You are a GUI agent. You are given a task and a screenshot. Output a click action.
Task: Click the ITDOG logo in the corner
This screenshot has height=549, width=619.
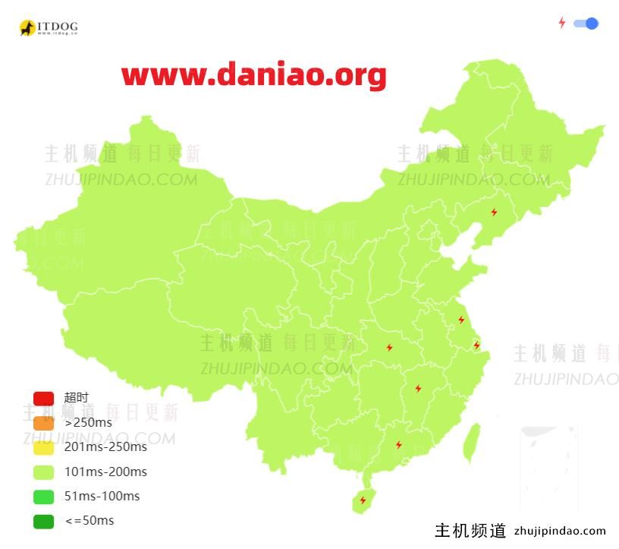coord(48,28)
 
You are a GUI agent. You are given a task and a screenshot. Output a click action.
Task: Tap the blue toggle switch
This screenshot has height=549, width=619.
coord(586,24)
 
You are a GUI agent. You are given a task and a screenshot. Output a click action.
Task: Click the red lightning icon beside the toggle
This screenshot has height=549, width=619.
coord(561,24)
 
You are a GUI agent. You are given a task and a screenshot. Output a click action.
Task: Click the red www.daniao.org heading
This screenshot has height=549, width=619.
coord(254,75)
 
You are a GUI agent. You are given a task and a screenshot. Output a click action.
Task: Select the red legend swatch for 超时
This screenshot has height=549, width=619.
coord(43,398)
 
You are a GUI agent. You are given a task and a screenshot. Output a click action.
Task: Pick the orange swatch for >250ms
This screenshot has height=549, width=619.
coord(43,422)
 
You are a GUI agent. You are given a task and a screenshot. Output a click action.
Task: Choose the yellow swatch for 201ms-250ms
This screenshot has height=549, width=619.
coord(43,447)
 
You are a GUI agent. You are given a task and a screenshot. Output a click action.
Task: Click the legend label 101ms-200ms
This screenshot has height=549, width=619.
coord(105,472)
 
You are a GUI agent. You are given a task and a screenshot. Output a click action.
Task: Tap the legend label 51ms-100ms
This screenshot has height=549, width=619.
coord(102,496)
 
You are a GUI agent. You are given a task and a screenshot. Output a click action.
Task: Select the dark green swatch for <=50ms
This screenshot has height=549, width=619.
coord(43,521)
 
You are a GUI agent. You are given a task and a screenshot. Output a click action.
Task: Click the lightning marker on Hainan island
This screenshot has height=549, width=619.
coord(363,500)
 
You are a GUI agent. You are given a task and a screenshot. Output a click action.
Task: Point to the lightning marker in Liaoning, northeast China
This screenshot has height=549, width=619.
coord(494,213)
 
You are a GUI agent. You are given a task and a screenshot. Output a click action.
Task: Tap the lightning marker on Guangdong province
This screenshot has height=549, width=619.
coord(398,445)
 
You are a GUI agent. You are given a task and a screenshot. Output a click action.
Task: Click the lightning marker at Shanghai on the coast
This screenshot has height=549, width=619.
coord(476,345)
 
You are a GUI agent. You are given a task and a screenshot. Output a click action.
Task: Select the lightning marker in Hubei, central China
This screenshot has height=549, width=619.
coord(389,348)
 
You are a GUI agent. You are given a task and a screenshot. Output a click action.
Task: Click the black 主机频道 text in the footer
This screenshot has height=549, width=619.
coord(470,531)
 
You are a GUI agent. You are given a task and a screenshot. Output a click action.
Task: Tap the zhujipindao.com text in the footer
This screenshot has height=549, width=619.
coord(560,531)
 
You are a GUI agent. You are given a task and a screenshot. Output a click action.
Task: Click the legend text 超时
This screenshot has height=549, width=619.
coord(76,398)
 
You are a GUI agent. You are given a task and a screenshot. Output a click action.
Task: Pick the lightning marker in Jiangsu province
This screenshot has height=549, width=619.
coord(460,320)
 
